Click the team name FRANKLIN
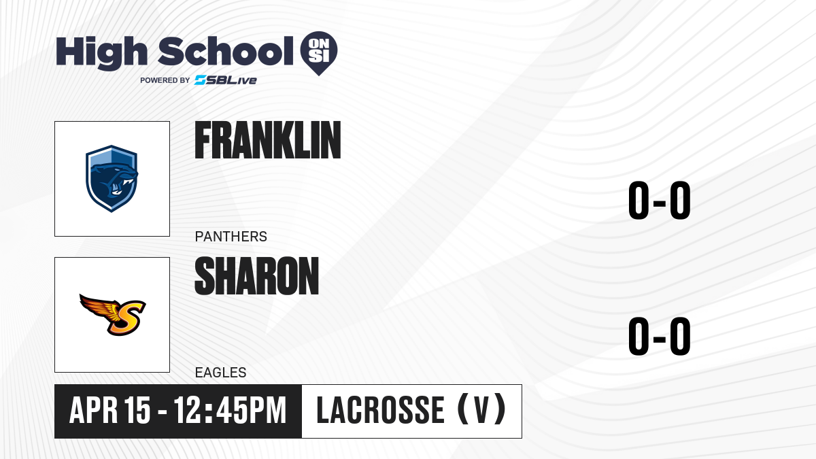pyautogui.click(x=268, y=140)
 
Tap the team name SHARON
pyautogui.click(x=257, y=276)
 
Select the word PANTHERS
pyautogui.click(x=231, y=237)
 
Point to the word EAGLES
pyautogui.click(x=221, y=373)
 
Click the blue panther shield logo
pyautogui.click(x=112, y=178)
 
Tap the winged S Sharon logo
pyautogui.click(x=113, y=315)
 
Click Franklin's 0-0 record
pyautogui.click(x=660, y=201)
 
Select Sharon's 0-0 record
pyautogui.click(x=660, y=336)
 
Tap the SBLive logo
pyautogui.click(x=226, y=80)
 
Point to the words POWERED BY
pyautogui.click(x=165, y=80)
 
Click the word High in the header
pyautogui.click(x=101, y=53)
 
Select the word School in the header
pyautogui.click(x=226, y=51)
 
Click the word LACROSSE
pyautogui.click(x=380, y=411)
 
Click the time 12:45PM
pyautogui.click(x=230, y=411)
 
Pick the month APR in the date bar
pyautogui.click(x=94, y=411)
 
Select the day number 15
pyautogui.click(x=137, y=411)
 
